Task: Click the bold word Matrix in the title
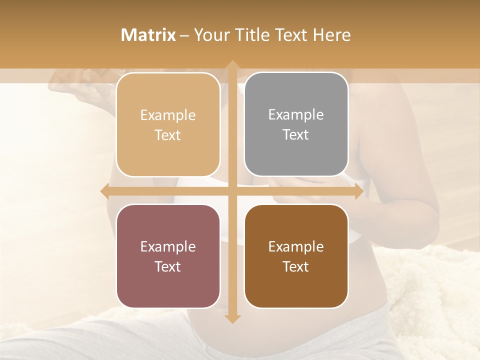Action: pyautogui.click(x=148, y=35)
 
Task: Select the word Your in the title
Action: pyautogui.click(x=210, y=35)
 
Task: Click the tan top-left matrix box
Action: pyautogui.click(x=168, y=125)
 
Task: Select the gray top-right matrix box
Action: pyautogui.click(x=296, y=125)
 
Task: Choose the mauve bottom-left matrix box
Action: pyautogui.click(x=168, y=256)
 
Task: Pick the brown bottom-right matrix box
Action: pyautogui.click(x=296, y=256)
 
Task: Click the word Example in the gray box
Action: pyautogui.click(x=296, y=114)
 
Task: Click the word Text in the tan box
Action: pyautogui.click(x=168, y=135)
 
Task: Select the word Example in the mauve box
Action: pyautogui.click(x=168, y=246)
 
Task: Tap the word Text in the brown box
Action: pyautogui.click(x=296, y=266)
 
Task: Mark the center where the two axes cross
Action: pyautogui.click(x=232, y=191)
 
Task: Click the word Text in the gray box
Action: pyautogui.click(x=296, y=135)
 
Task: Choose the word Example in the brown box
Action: pyautogui.click(x=296, y=246)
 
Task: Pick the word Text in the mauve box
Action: pyautogui.click(x=168, y=266)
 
